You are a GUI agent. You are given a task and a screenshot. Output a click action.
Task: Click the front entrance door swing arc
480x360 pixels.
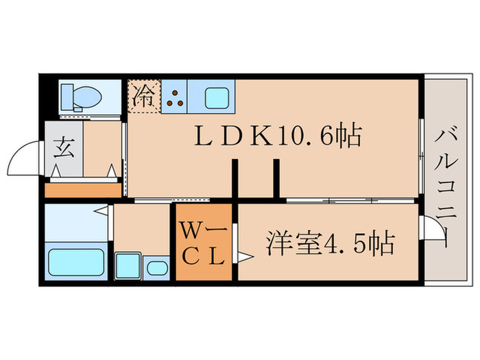click(x=24, y=155)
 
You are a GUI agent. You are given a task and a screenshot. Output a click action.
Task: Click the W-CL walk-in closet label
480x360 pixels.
click(x=204, y=243)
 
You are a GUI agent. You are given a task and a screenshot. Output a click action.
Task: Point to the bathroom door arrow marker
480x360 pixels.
click(x=101, y=210)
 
